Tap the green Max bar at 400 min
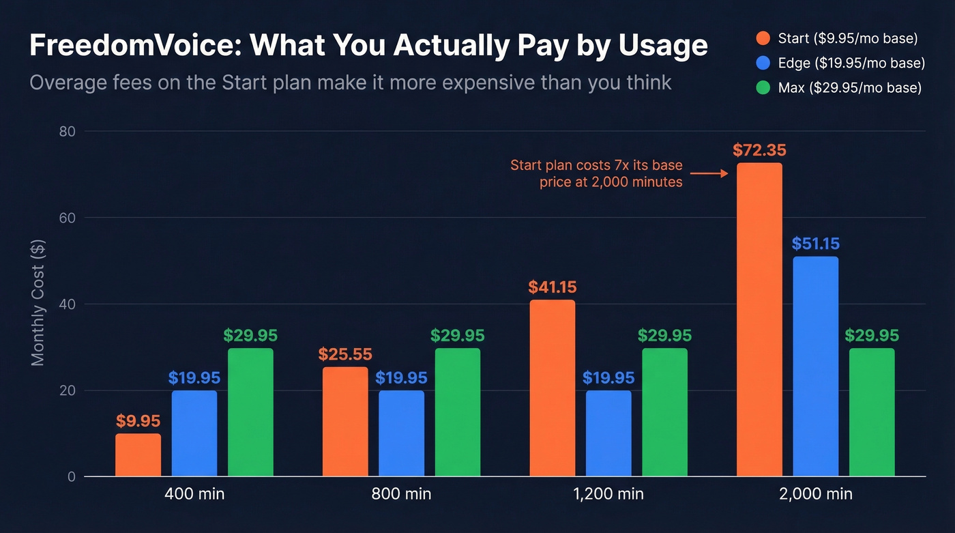(x=250, y=412)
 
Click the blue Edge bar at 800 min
(x=401, y=433)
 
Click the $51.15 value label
(x=816, y=244)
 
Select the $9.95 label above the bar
(x=138, y=421)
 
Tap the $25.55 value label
(x=345, y=355)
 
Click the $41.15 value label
(x=553, y=287)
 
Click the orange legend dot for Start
(x=764, y=38)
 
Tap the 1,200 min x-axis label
(x=608, y=494)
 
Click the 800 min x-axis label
(x=401, y=494)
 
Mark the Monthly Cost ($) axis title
(x=38, y=302)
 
